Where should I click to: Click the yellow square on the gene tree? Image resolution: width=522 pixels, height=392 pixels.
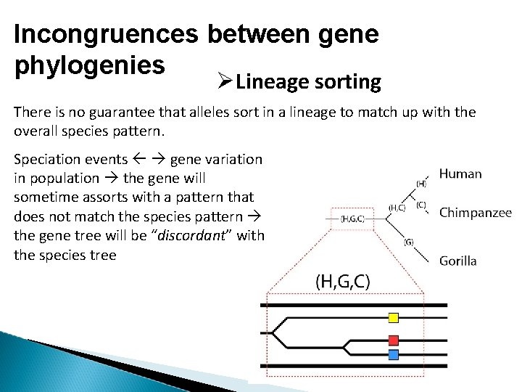point(394,317)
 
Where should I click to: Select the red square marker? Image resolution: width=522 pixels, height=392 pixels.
point(394,340)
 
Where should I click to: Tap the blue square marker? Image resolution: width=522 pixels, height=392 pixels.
point(394,355)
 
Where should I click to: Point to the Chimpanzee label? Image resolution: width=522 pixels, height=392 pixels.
point(476,213)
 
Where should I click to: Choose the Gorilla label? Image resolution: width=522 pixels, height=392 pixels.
point(458,261)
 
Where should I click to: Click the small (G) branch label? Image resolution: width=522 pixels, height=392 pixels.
point(409,242)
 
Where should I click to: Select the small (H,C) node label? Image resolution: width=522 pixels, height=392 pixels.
point(397,208)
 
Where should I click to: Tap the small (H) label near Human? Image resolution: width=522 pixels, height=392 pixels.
point(420,184)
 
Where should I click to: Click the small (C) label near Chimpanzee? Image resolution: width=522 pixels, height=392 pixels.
point(420,205)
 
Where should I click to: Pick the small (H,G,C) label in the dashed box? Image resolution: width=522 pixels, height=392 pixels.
point(353,218)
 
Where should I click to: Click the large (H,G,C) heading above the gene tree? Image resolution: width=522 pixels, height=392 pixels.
point(342,281)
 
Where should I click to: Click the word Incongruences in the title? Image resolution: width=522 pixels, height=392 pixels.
point(108,35)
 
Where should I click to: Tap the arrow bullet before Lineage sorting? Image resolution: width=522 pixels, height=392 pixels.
point(223,81)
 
